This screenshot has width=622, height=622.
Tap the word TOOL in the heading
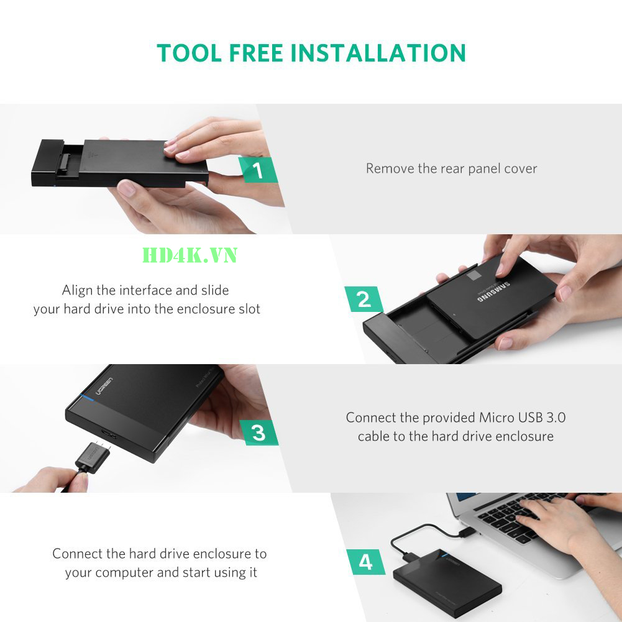click(x=190, y=53)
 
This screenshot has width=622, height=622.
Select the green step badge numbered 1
click(x=258, y=170)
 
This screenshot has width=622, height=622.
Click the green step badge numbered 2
click(x=364, y=299)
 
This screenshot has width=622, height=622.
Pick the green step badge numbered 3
click(x=258, y=432)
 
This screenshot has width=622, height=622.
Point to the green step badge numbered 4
click(x=365, y=562)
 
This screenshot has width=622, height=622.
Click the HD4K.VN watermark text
click(x=190, y=255)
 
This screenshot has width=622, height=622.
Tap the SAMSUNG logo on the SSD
click(x=494, y=291)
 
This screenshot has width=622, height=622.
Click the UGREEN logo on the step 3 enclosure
click(x=104, y=386)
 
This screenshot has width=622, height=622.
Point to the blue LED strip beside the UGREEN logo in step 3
click(x=87, y=397)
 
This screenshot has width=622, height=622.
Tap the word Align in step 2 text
click(x=77, y=290)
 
